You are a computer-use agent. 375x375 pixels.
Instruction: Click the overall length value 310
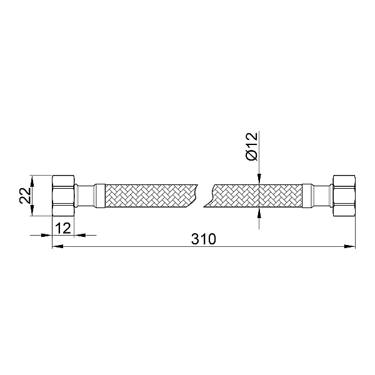(204, 239)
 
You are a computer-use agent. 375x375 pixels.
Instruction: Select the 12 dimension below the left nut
(62, 228)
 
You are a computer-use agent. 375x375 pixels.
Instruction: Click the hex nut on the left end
(62, 195)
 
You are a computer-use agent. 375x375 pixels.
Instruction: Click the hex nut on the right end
(344, 195)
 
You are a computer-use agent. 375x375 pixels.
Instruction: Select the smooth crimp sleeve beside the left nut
(100, 195)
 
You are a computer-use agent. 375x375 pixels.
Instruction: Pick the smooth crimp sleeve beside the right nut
(308, 195)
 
